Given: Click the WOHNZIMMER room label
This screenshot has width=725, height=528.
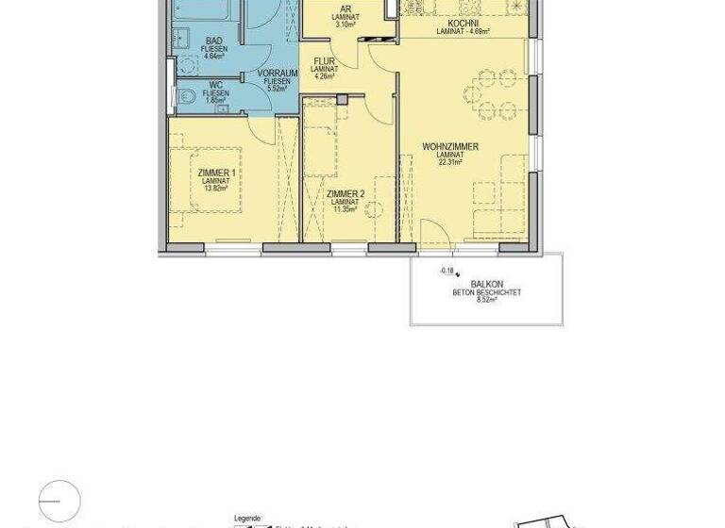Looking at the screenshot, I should (450, 147).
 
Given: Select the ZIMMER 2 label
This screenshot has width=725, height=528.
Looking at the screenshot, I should (346, 194).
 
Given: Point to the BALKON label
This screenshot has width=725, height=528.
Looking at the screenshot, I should (486, 284).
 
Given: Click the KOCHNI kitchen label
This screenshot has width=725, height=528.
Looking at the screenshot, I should (463, 23).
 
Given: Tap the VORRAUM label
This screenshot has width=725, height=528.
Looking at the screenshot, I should (278, 73).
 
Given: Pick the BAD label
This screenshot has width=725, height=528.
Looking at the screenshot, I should (215, 41).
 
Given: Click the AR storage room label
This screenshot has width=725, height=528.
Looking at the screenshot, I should (346, 9).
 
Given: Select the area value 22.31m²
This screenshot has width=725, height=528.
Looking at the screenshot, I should (450, 162).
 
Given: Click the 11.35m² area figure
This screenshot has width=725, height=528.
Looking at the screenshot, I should (346, 209).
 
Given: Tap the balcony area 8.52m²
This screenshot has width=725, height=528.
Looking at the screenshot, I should (486, 300).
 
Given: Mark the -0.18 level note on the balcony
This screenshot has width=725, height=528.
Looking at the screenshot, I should (447, 271).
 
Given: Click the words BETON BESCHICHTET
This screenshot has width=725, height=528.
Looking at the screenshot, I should (486, 292).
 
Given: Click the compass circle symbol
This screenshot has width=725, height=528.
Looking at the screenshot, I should (59, 501).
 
